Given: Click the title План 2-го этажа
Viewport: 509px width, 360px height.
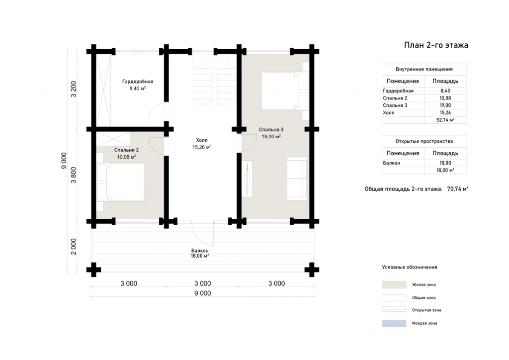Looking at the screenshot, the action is click(x=436, y=45).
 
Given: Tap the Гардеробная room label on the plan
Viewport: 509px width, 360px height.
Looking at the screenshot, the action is click(x=138, y=82).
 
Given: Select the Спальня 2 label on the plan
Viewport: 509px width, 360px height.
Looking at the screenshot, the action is click(x=126, y=150).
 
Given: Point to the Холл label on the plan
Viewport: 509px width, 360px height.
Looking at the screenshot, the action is click(x=202, y=140).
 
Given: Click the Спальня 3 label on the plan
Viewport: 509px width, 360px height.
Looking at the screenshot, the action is click(x=271, y=129).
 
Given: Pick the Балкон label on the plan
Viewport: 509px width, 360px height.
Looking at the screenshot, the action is click(x=200, y=251).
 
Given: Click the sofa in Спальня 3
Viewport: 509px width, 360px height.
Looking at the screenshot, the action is click(x=297, y=179).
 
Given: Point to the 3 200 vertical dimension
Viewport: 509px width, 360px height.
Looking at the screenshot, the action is click(x=74, y=90).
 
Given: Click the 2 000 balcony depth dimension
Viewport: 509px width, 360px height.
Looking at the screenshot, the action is click(x=74, y=247).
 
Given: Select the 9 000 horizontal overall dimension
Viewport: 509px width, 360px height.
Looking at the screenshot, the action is click(x=203, y=293).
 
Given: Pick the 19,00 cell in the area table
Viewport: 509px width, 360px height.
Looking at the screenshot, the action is click(x=445, y=105).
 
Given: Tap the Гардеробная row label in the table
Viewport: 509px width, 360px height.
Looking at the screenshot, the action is click(x=398, y=91).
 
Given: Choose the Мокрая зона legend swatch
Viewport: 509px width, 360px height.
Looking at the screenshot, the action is click(x=394, y=323).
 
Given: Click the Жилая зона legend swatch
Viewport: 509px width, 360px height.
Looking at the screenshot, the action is click(x=394, y=285).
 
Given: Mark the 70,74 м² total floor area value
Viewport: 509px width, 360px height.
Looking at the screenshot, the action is click(x=458, y=188).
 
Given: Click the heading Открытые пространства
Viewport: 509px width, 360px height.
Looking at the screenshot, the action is click(x=424, y=141).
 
